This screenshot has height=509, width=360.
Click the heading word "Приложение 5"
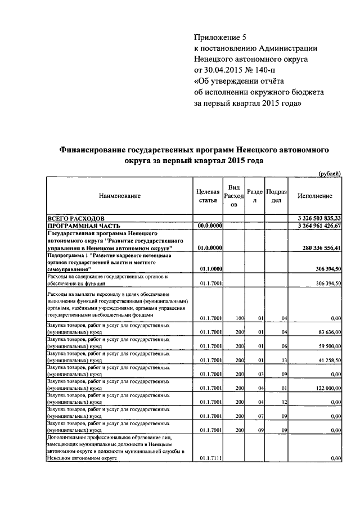(x=220, y=38)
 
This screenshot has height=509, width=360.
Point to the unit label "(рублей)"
(x=330, y=174)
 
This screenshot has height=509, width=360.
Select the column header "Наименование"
(x=120, y=196)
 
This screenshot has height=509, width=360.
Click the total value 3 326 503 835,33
(x=316, y=218)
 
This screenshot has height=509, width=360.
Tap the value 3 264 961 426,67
(x=316, y=225)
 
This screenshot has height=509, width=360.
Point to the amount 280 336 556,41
(x=318, y=247)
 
